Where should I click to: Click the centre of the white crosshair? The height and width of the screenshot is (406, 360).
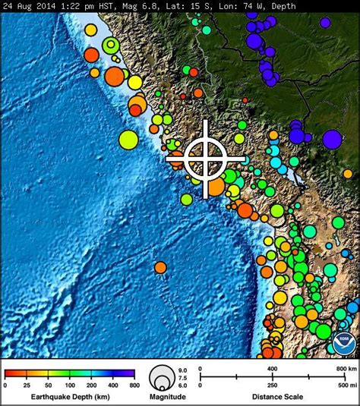click(x=206, y=159)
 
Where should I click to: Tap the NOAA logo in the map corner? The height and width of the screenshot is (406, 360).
click(x=343, y=343)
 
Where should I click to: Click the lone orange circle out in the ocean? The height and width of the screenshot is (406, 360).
click(x=160, y=267)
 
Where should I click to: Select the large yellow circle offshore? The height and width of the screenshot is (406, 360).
click(x=128, y=140)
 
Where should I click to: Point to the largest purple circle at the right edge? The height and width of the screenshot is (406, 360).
click(x=332, y=139)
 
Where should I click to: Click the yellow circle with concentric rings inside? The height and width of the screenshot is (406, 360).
click(x=112, y=46)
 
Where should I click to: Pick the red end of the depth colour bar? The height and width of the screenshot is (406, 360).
click(x=8, y=373)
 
